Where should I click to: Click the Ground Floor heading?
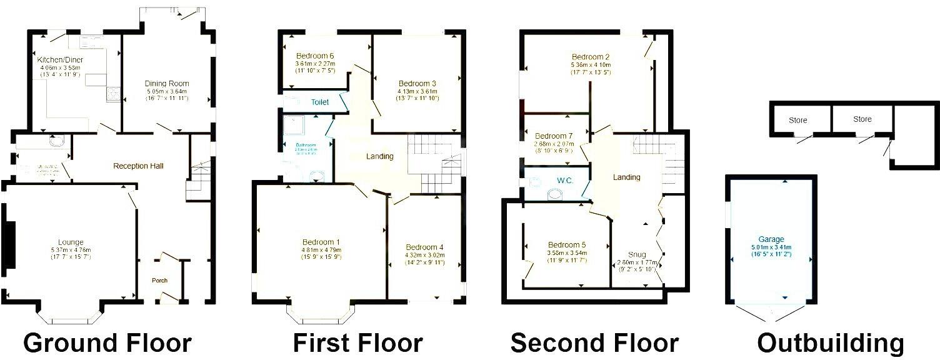[107, 343]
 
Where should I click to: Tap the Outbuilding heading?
[831, 343]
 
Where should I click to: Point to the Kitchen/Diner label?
[61, 60]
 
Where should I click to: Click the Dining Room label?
[167, 83]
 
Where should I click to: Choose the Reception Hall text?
[138, 166]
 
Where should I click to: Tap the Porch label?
[160, 280]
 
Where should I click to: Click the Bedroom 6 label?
[315, 54]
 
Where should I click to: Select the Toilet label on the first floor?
[320, 101]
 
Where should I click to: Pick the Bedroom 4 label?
[424, 246]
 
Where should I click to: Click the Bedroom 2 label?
[591, 57]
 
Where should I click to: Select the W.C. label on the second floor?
[564, 181]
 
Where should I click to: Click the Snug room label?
[637, 254]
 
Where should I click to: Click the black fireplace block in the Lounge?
[9, 244]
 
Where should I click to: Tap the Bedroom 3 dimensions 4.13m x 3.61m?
[417, 91]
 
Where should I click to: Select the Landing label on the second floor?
[626, 177]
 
